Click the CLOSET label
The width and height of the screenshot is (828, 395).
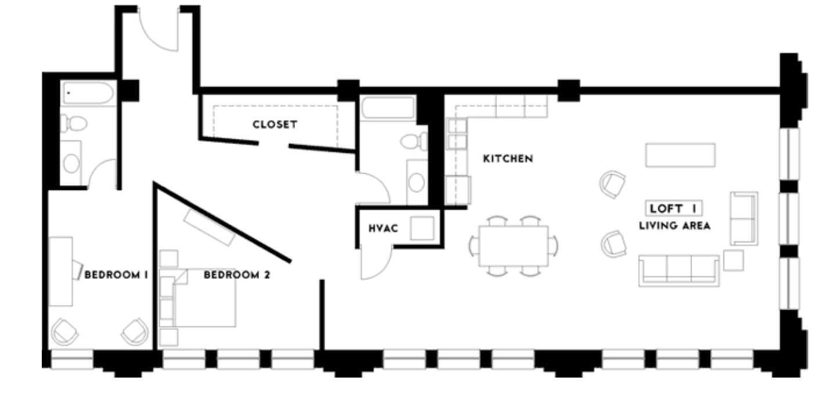click(x=275, y=125)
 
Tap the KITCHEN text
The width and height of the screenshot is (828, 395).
click(x=508, y=159)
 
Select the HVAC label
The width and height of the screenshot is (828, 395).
click(x=383, y=228)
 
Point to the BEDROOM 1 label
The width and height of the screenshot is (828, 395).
click(x=115, y=275)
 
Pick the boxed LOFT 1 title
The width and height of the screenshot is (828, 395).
click(x=674, y=209)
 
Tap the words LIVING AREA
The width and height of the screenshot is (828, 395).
click(x=674, y=227)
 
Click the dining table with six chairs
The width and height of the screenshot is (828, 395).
click(x=513, y=246)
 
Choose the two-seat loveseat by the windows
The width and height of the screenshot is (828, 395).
click(x=744, y=218)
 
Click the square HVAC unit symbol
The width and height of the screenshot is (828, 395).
click(x=423, y=228)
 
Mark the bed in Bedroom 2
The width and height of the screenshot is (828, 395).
click(x=206, y=298)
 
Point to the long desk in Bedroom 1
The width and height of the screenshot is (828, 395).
click(x=60, y=271)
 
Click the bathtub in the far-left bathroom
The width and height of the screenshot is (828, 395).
click(x=89, y=94)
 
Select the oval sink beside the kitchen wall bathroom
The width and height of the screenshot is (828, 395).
click(x=417, y=182)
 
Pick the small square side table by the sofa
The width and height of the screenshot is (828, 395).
click(x=733, y=260)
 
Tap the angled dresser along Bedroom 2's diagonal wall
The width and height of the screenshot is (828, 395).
click(x=210, y=227)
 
